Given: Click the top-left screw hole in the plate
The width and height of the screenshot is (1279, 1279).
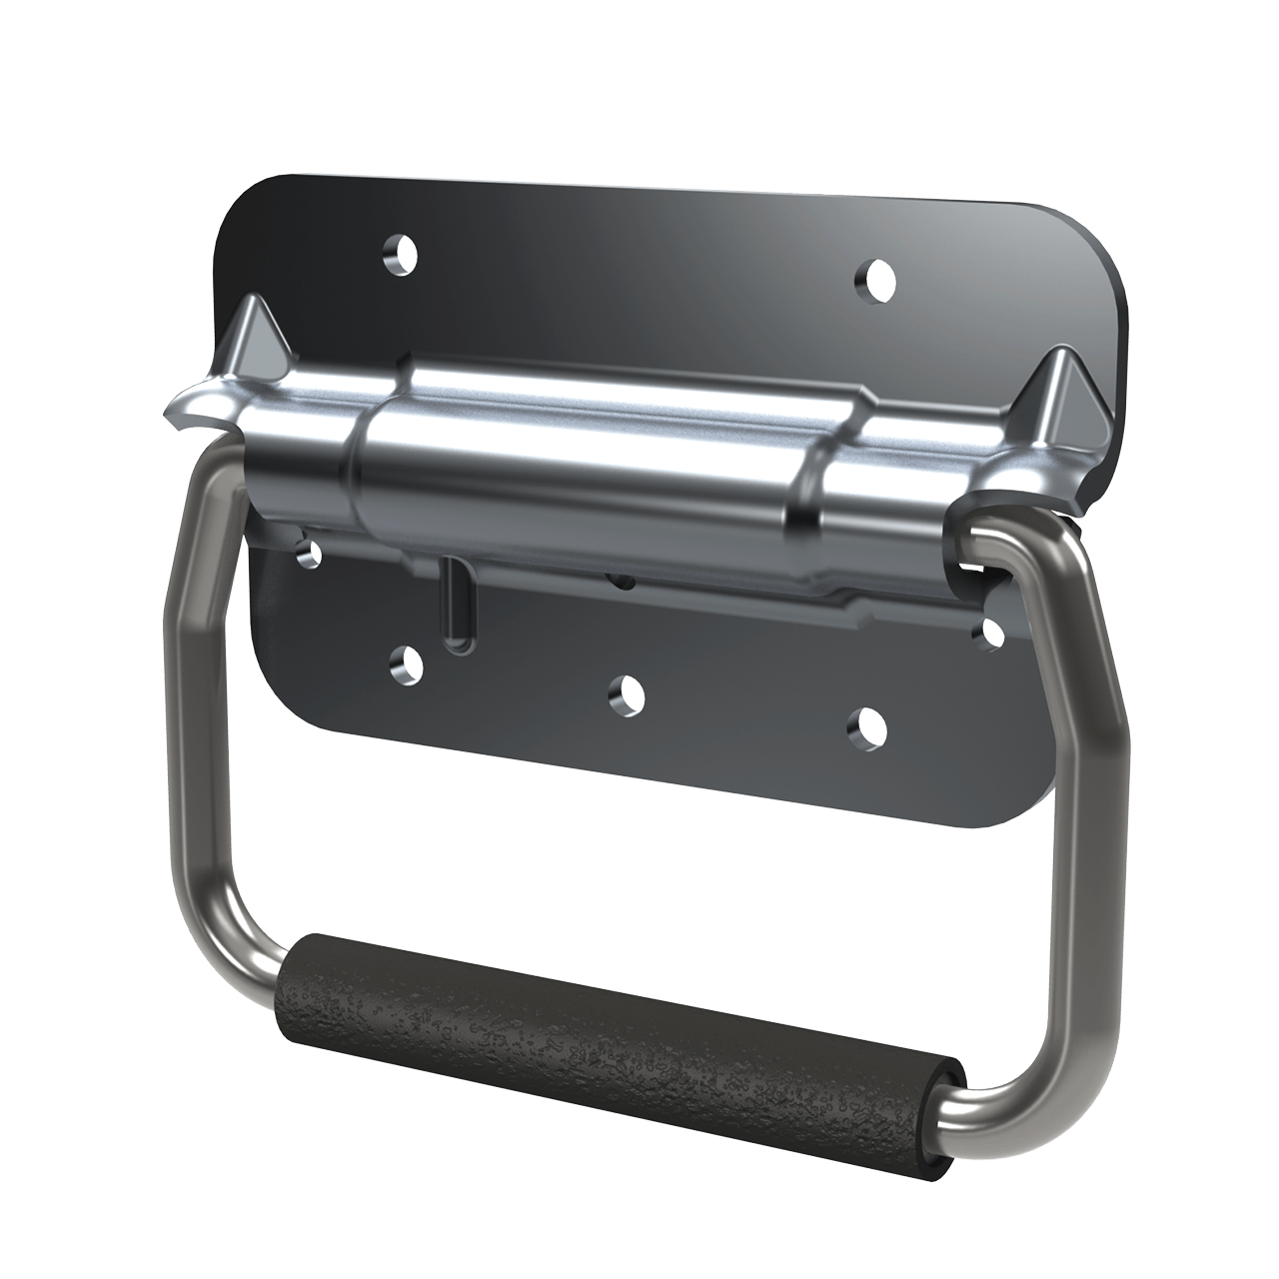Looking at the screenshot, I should coord(402,255).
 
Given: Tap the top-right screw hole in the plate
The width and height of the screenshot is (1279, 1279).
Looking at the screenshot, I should coord(875,277).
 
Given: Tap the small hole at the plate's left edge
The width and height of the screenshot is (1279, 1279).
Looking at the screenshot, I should coord(311,551).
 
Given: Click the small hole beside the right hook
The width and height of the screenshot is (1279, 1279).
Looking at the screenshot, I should coord(992,632).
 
